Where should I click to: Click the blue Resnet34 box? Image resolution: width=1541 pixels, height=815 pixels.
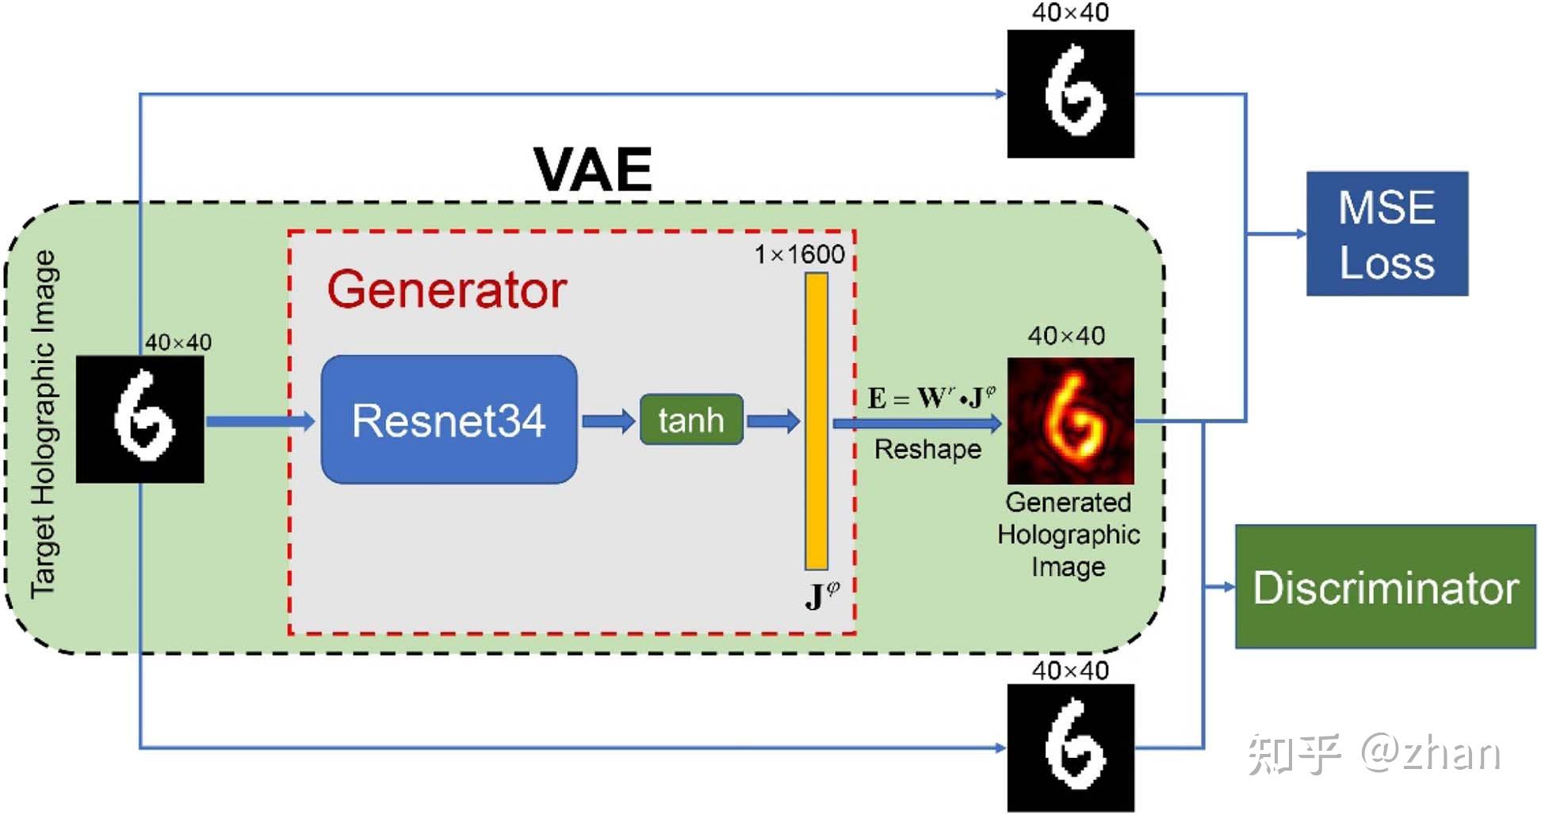click(449, 419)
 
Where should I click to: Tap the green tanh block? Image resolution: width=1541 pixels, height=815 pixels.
click(691, 419)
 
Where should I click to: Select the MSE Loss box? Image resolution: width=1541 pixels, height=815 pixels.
click(1386, 234)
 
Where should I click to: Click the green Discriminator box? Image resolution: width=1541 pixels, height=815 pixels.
click(1385, 587)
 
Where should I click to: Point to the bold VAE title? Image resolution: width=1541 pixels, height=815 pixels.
click(592, 170)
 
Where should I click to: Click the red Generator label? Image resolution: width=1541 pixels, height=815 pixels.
click(446, 289)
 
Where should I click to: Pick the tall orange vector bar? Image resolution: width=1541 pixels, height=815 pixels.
click(816, 421)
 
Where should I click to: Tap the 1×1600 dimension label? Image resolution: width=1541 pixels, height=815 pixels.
click(799, 254)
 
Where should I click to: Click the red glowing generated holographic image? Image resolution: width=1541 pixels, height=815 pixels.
click(1070, 420)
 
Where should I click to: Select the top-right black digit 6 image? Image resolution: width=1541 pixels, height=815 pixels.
click(1070, 94)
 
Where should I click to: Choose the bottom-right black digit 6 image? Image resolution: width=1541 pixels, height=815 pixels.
click(1070, 748)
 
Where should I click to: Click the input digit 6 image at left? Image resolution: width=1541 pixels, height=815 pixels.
click(140, 419)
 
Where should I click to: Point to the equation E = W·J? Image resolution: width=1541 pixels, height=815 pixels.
click(931, 397)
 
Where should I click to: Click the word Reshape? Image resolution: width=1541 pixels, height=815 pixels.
click(927, 450)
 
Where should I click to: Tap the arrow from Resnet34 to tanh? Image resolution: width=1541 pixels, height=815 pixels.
click(608, 420)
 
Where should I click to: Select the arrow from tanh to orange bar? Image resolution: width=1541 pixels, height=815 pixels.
click(773, 420)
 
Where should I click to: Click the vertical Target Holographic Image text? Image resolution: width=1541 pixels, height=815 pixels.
click(44, 424)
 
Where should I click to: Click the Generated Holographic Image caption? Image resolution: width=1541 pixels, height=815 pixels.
click(1068, 534)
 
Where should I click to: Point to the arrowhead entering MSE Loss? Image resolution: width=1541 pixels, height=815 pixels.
click(1300, 234)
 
